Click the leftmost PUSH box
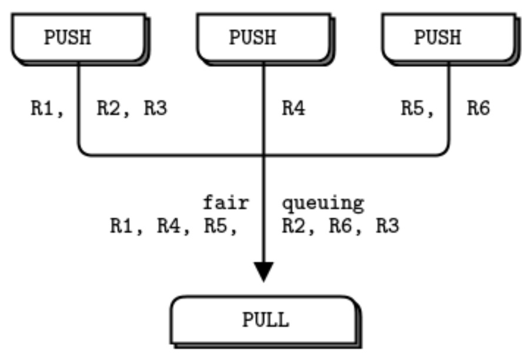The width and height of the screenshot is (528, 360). tap(79, 38)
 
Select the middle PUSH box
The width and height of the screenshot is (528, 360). tap(264, 38)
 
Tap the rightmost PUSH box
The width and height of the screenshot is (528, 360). tap(449, 38)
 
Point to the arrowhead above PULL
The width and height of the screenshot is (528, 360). tap(264, 271)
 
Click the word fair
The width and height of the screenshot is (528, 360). tap(226, 204)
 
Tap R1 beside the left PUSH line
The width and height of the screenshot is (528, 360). tap(44, 109)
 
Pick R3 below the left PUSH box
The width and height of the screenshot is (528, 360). tap(155, 109)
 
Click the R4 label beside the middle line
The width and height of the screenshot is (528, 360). tap(293, 109)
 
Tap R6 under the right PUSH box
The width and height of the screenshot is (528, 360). tap(477, 109)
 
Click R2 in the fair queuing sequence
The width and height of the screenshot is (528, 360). tap(293, 226)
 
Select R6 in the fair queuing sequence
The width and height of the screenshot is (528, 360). tap(340, 226)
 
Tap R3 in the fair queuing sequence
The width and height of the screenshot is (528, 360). tap(387, 226)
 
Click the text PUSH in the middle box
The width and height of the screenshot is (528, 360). tap(252, 38)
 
